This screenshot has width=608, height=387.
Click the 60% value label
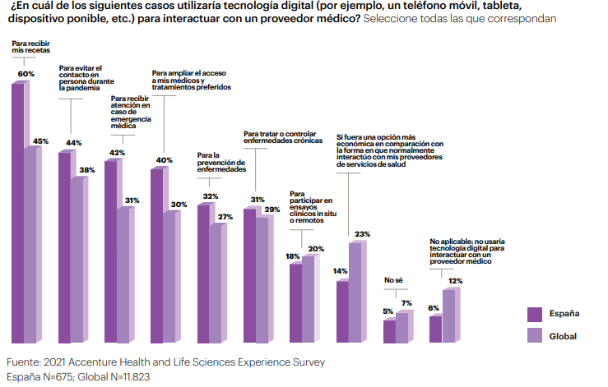(26, 74)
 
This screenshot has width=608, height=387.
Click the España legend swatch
(536, 314)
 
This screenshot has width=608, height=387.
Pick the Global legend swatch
(536, 335)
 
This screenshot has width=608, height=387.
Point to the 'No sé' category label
(394, 282)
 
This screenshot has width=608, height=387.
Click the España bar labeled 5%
(390, 331)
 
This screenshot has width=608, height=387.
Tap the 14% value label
(341, 270)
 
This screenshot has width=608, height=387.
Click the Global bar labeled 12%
(448, 316)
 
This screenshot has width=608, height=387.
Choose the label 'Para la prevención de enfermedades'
(222, 161)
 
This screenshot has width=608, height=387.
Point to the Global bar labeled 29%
(262, 279)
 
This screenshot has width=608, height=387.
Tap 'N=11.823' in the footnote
(123, 377)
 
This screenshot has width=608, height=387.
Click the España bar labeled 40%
(156, 255)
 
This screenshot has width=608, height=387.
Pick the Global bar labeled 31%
(123, 274)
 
